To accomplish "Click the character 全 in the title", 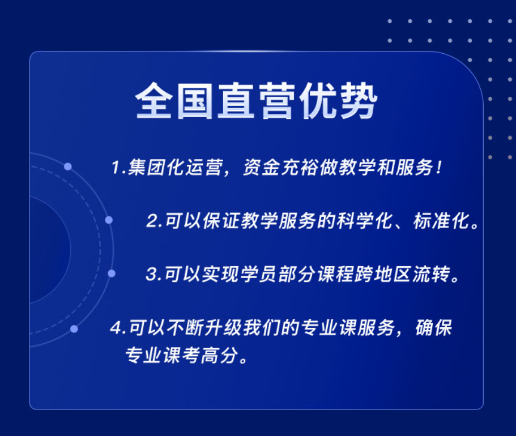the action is (x=154, y=100).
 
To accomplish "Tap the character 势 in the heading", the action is (x=359, y=100).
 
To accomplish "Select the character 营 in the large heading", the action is (x=277, y=100).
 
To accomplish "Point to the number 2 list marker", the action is (x=153, y=220).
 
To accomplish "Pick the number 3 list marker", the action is (x=152, y=274).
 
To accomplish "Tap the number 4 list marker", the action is (x=117, y=328).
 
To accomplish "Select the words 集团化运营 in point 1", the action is (x=174, y=167).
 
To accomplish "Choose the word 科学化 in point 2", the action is (x=364, y=220).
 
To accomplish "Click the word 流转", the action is (x=432, y=274).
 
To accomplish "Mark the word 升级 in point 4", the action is (x=223, y=328).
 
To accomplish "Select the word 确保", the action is (x=433, y=328).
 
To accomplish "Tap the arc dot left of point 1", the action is (x=68, y=166).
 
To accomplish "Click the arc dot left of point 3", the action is (x=112, y=273).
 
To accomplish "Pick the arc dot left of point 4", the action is (x=74, y=329).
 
